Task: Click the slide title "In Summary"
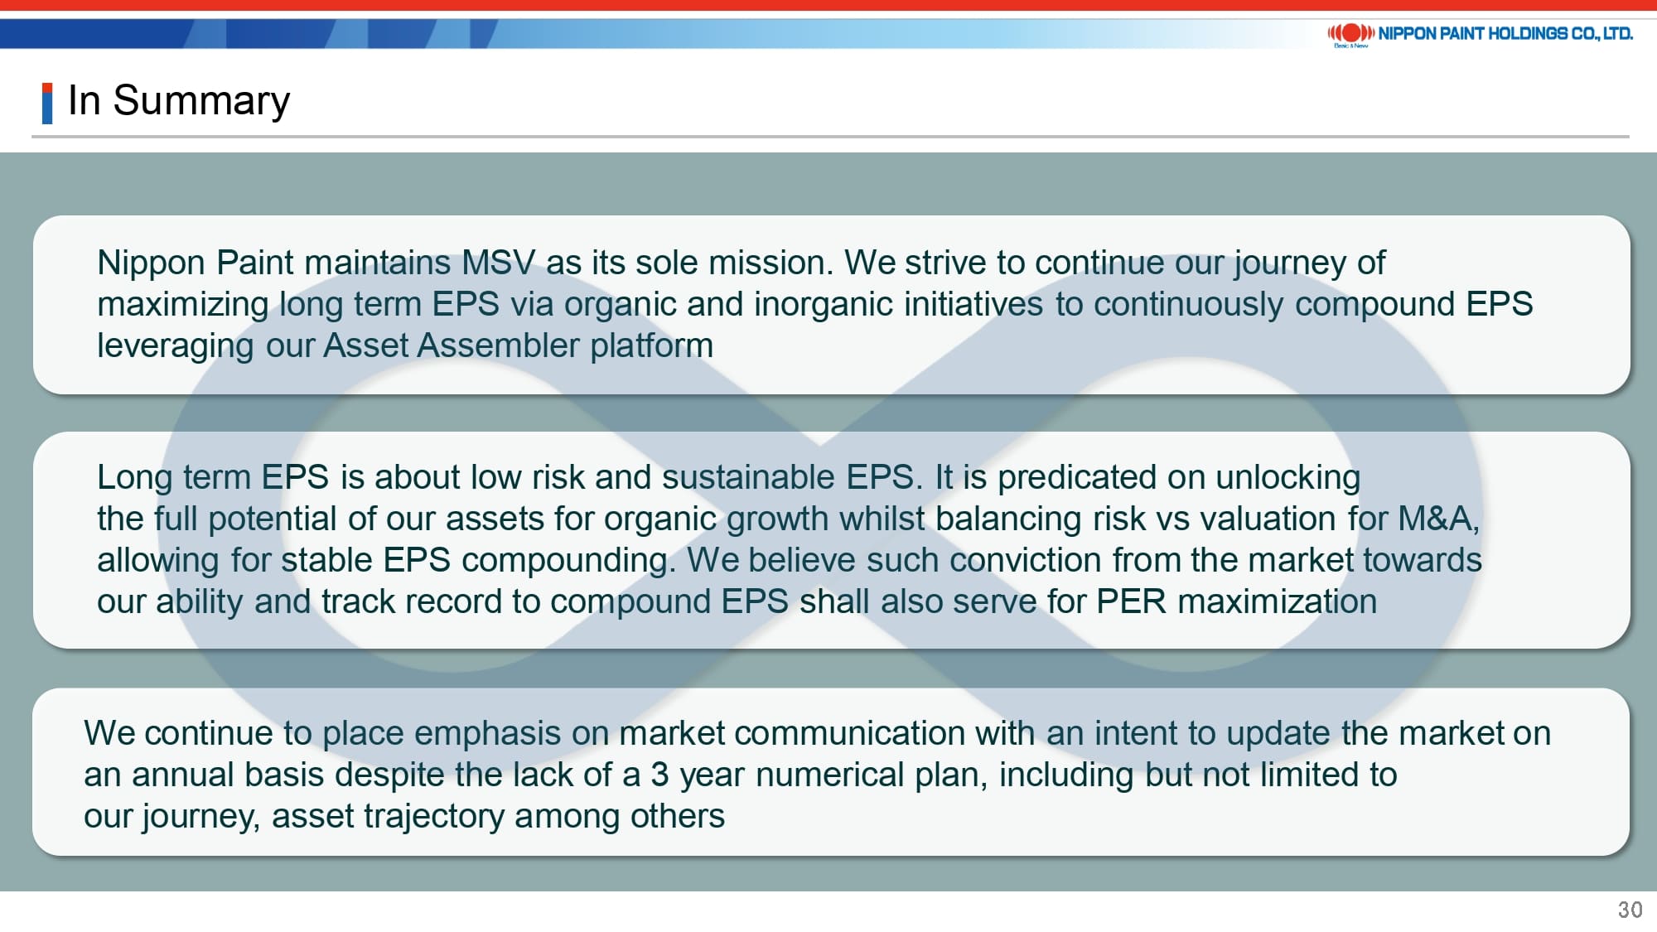pos(179,101)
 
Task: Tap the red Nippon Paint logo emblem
pos(1350,33)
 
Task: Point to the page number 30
pos(1630,910)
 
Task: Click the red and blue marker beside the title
pos(47,104)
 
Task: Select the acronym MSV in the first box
pos(499,263)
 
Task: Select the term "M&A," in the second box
pos(1439,519)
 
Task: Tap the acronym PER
pos(1131,601)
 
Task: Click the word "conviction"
pos(1026,560)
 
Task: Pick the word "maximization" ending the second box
pos(1278,601)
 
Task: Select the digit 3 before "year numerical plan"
pos(659,775)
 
